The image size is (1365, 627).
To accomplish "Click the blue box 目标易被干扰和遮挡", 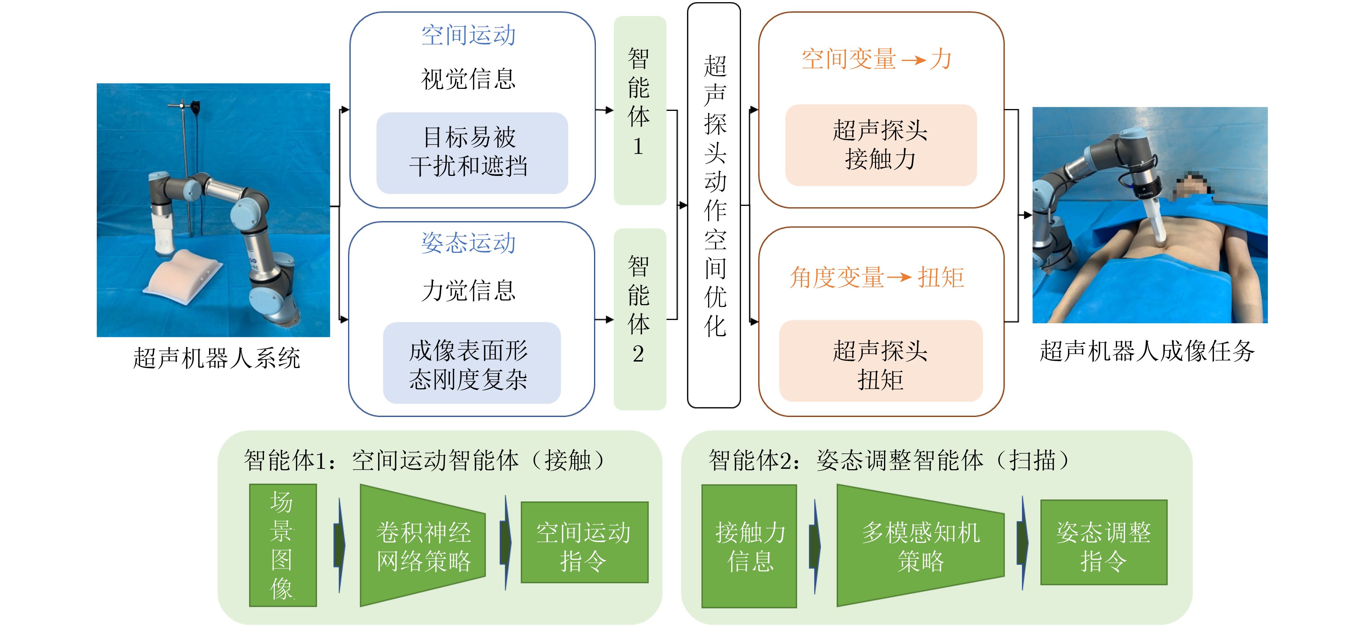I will [472, 153].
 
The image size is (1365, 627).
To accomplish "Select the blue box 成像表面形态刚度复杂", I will [472, 364].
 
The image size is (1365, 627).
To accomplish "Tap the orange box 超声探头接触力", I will [881, 145].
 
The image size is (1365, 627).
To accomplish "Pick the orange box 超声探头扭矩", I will [881, 362].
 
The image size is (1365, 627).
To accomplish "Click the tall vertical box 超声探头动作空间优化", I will [714, 206].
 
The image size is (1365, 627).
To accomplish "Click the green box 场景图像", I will [282, 545].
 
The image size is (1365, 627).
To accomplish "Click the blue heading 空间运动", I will [468, 35].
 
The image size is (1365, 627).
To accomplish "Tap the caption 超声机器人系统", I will [216, 358].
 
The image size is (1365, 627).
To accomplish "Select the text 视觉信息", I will [468, 79].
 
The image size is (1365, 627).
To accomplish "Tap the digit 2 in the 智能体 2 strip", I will [638, 354].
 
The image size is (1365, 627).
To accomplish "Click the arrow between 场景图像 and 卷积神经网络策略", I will [339, 545].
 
